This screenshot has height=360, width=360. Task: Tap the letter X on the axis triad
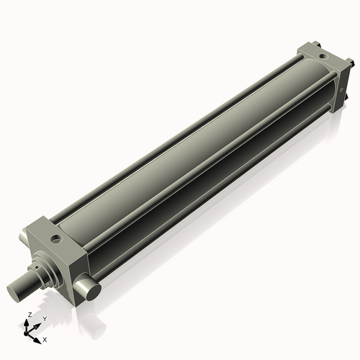coord(45,338)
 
